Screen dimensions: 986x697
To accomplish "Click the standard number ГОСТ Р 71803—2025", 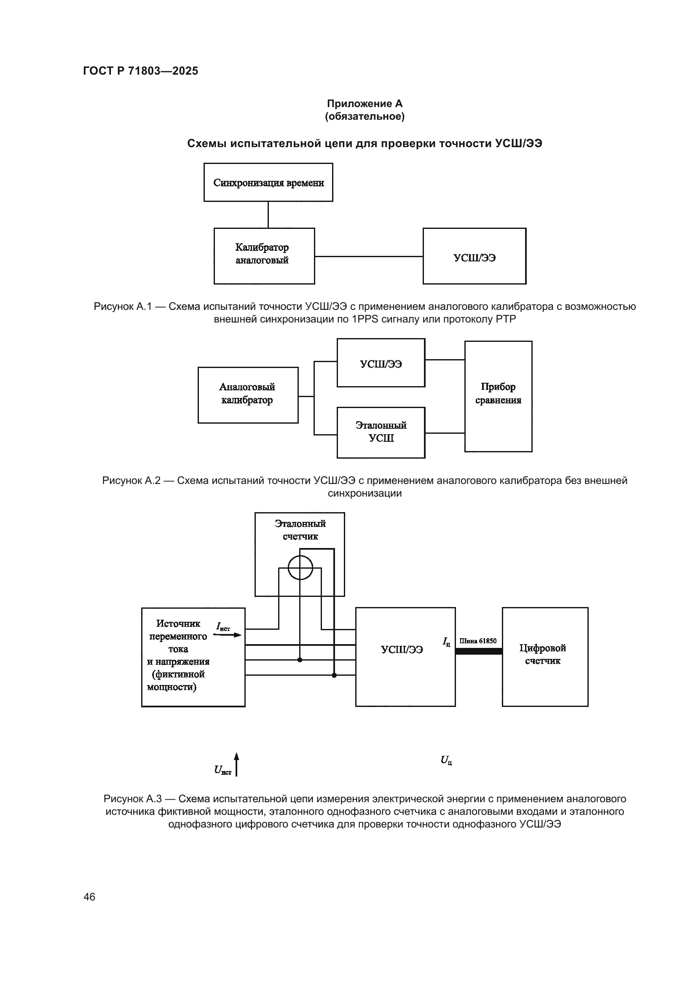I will click(140, 71).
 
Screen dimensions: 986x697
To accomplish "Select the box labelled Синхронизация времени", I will click(268, 183).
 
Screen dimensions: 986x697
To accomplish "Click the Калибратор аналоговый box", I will click(264, 256).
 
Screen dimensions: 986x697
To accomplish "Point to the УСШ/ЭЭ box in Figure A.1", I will click(474, 256).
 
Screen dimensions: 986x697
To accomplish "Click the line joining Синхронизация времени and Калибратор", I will click(268, 215).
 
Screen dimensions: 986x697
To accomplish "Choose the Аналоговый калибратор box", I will click(248, 395).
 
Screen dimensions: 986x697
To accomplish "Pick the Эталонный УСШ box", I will click(381, 433).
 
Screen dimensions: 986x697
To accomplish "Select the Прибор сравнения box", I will click(498, 396).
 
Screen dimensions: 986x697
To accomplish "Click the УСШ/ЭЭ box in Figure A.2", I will click(381, 363).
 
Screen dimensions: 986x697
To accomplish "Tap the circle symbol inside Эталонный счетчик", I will click(300, 567).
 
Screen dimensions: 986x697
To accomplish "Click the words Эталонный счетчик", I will click(300, 530).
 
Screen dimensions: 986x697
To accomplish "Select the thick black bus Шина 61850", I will click(479, 651).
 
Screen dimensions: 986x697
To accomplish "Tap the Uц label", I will click(446, 760).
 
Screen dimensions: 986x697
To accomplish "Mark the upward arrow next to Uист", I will click(236, 763).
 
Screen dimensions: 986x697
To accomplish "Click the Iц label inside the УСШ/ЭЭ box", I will click(446, 642).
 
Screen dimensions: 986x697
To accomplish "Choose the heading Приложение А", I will click(365, 104).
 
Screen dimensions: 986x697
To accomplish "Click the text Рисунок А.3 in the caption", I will click(132, 799).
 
